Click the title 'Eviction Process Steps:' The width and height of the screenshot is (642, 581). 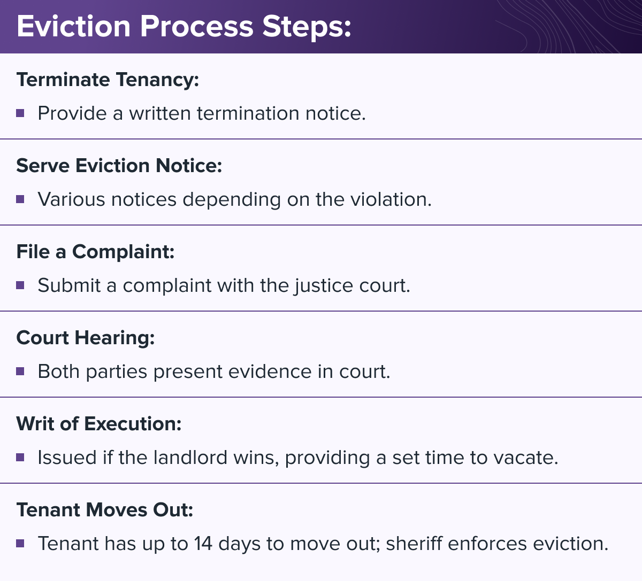point(184,27)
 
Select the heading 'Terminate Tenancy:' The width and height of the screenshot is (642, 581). point(108,80)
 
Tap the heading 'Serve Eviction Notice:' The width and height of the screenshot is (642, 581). point(119,166)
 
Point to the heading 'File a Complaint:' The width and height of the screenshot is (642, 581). point(95,252)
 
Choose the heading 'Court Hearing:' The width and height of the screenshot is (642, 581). point(86,338)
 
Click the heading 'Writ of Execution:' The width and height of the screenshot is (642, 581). point(99,424)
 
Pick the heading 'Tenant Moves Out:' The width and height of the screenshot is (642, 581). point(105,510)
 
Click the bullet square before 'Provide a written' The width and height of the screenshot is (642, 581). point(20,113)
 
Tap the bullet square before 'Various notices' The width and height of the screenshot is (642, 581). point(20,199)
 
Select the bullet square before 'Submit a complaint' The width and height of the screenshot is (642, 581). point(20,285)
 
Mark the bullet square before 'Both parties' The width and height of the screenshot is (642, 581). point(20,371)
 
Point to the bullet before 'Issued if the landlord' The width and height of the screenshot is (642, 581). point(20,458)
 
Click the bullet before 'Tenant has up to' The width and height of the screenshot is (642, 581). point(20,544)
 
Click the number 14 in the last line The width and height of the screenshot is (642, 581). point(203,544)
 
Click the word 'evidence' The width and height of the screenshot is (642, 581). point(270,371)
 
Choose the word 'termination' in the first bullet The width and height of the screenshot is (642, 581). point(248,113)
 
